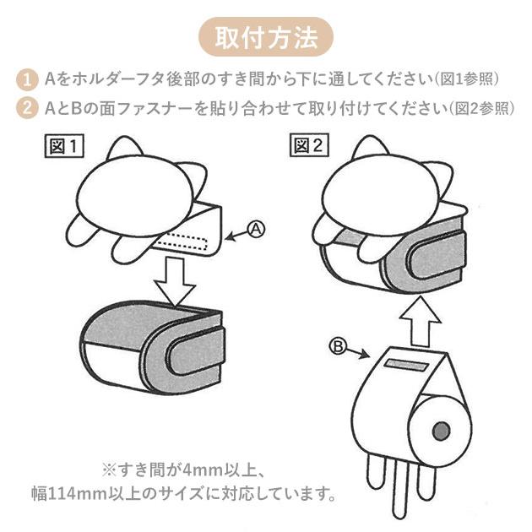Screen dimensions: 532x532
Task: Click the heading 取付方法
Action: point(266,38)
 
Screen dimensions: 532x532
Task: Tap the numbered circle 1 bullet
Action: point(28,80)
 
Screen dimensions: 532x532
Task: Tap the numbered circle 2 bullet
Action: point(28,108)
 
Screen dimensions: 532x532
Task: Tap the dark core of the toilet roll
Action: point(440,432)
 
